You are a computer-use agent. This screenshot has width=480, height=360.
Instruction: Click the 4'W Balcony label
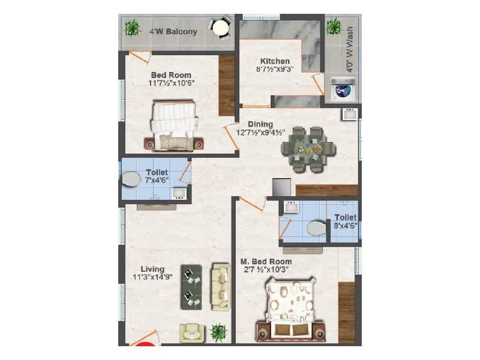tap(173, 32)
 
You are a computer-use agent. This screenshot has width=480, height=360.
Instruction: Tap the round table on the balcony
tap(220, 27)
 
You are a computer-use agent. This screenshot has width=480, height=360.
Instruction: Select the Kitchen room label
tap(275, 61)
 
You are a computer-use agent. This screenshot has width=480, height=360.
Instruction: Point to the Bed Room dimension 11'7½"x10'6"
tap(171, 85)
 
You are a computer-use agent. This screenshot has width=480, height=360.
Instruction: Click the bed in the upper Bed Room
tap(174, 125)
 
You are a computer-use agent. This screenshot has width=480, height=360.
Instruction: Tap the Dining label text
tap(260, 124)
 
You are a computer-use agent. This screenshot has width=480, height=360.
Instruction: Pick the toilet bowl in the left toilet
tap(130, 179)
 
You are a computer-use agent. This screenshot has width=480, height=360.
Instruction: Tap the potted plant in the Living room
tap(218, 332)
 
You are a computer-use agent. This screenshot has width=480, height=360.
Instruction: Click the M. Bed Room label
tap(266, 262)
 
